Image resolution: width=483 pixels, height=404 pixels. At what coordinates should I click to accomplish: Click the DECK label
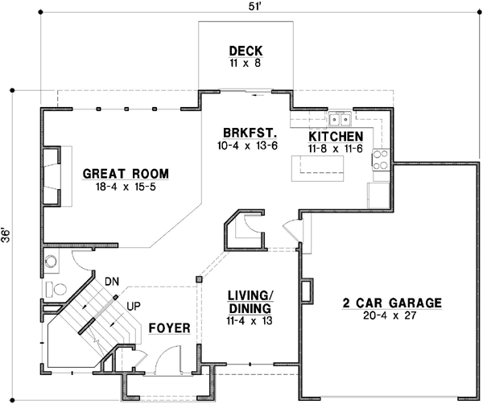244,49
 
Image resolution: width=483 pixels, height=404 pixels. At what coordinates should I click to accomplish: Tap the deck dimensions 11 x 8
244,62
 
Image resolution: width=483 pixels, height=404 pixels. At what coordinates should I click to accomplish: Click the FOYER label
169,328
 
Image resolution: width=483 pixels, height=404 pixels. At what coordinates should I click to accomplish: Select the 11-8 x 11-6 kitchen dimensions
335,149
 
